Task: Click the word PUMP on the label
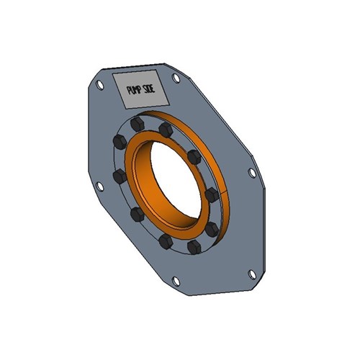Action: pyautogui.click(x=135, y=91)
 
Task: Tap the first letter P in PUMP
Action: pyautogui.click(x=128, y=92)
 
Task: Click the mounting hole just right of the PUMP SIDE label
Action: pyautogui.click(x=176, y=77)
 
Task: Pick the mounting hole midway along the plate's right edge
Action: pyautogui.click(x=251, y=173)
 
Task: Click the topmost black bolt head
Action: pyautogui.click(x=138, y=125)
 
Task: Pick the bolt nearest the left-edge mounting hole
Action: pyautogui.click(x=116, y=175)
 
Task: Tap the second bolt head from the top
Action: pyautogui.click(x=166, y=130)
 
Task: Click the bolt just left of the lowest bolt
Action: pyautogui.click(x=164, y=239)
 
